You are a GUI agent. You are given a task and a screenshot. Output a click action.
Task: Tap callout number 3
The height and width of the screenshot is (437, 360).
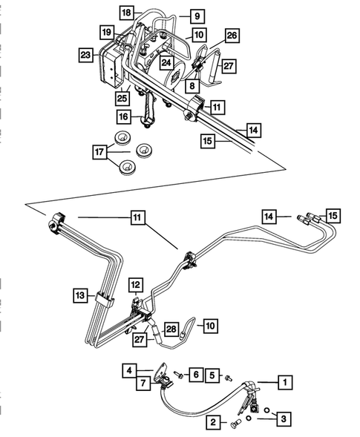coord(283,420)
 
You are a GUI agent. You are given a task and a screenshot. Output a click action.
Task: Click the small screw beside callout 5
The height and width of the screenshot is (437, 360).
coord(228,378)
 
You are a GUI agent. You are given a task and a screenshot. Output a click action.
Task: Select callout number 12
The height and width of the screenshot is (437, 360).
coord(134,284)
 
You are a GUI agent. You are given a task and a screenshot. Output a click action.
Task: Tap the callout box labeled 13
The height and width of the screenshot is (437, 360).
coord(80,295)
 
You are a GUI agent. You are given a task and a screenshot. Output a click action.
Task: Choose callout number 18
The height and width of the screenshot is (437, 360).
coord(126,13)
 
